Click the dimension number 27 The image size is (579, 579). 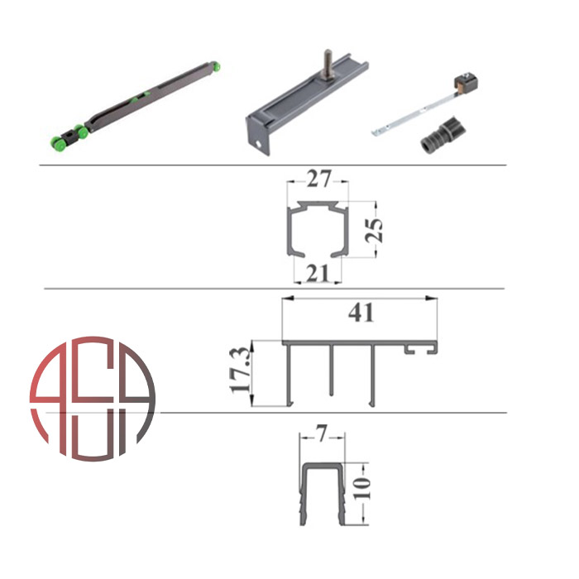(x=318, y=179)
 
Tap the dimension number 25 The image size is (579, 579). (x=374, y=231)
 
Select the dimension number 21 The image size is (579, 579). (x=318, y=274)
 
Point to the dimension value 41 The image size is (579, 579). (x=361, y=313)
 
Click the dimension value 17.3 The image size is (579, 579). (x=240, y=371)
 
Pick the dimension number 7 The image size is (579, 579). (x=322, y=434)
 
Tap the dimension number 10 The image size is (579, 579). (x=362, y=488)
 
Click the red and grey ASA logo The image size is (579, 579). (x=93, y=399)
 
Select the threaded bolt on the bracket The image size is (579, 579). (x=328, y=64)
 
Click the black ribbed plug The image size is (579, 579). (x=443, y=135)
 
